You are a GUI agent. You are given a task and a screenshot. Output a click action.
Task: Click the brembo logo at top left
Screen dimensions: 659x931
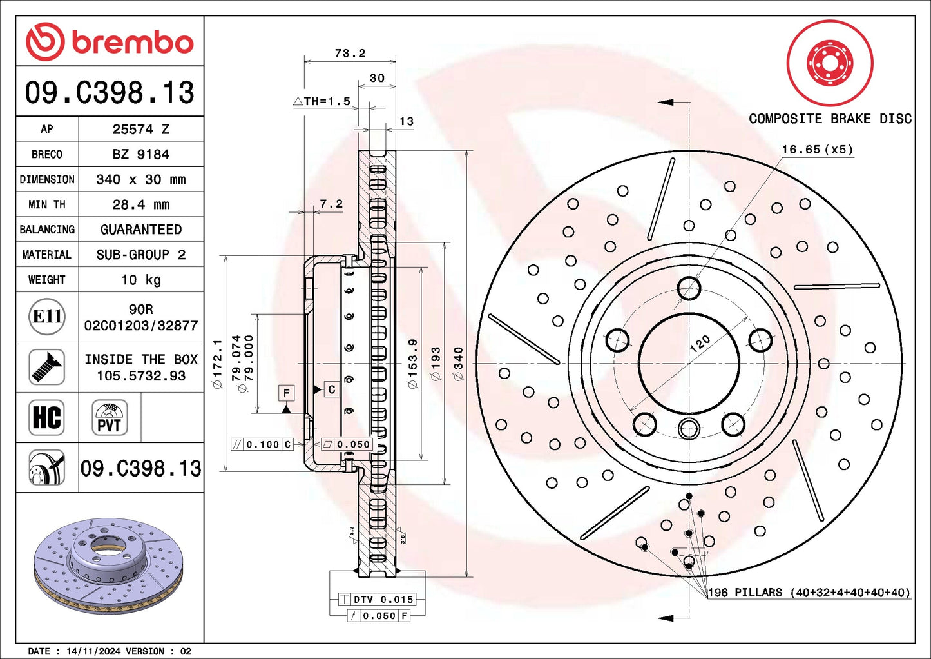tap(110, 42)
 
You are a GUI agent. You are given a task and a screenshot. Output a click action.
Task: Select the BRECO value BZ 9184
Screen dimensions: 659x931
tap(140, 154)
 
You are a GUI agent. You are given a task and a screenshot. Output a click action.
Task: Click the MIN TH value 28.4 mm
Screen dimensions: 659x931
tap(140, 204)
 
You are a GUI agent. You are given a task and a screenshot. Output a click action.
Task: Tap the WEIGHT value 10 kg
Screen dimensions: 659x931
tap(140, 280)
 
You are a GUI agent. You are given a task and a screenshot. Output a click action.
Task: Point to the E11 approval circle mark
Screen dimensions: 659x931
tap(47, 317)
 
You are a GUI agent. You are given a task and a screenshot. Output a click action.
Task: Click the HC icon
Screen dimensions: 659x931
tap(47, 417)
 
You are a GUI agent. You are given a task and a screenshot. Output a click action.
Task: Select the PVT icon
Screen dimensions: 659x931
tap(110, 417)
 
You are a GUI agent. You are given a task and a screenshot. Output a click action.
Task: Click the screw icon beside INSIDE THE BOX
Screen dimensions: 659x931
tap(47, 367)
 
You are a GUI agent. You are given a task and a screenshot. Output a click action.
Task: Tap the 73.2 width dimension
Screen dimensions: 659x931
tap(350, 53)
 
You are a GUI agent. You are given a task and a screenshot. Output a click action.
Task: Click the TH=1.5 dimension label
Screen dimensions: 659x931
tap(322, 101)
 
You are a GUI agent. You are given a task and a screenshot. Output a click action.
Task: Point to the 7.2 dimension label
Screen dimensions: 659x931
tap(331, 204)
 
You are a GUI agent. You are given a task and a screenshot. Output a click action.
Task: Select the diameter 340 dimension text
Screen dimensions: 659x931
tap(458, 364)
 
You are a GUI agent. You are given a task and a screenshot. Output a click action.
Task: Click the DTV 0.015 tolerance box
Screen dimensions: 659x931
tap(377, 599)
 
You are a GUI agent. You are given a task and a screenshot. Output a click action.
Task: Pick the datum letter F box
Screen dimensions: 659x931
tap(286, 393)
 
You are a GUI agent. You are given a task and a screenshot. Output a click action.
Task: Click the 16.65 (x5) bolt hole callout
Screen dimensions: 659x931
tap(817, 150)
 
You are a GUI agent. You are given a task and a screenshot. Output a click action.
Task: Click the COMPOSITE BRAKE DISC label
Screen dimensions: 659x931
tap(830, 119)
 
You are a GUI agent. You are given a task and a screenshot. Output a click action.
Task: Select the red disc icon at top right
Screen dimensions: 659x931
tap(830, 63)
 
